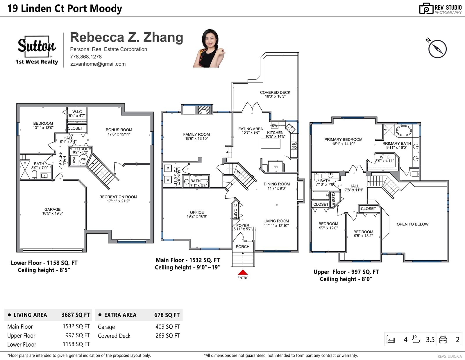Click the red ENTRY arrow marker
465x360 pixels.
pyautogui.click(x=243, y=272)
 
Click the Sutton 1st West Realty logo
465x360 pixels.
pyautogui.click(x=37, y=50)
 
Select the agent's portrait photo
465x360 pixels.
pyautogui.click(x=209, y=48)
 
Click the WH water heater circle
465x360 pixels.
pyautogui.click(x=83, y=159)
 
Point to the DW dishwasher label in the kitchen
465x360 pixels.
pyautogui.click(x=275, y=126)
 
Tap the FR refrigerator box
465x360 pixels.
pyautogui.click(x=276, y=166)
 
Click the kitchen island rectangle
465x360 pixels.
pyautogui.click(x=271, y=144)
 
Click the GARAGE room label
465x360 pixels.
pyautogui.click(x=52, y=209)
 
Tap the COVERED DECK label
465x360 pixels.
pyautogui.click(x=275, y=92)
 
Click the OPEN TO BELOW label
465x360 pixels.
pyautogui.click(x=413, y=224)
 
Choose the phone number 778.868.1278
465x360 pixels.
pyautogui.click(x=86, y=57)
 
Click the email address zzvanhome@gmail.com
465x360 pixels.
pyautogui.click(x=98, y=64)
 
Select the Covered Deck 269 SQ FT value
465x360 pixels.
pyautogui.click(x=168, y=336)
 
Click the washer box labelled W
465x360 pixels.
pyautogui.click(x=168, y=180)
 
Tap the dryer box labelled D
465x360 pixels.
pyautogui.click(x=168, y=168)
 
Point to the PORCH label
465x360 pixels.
pyautogui.click(x=243, y=247)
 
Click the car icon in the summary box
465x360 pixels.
pyautogui.click(x=443, y=340)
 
